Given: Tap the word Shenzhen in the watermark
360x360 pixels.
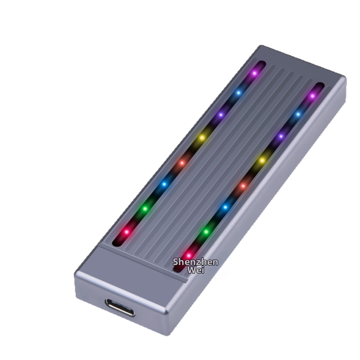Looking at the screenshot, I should (196, 262).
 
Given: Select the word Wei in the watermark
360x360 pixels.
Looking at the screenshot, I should (196, 270).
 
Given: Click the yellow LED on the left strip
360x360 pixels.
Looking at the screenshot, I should (202, 137).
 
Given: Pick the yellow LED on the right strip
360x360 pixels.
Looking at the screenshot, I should (262, 160).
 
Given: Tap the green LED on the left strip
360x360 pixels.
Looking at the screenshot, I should (145, 208).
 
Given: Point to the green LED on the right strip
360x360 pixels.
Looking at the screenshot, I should (206, 231).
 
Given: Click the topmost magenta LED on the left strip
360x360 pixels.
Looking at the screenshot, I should (254, 72).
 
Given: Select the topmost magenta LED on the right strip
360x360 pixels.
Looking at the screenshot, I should (312, 95).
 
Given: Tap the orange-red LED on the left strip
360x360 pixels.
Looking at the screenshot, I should (182, 162).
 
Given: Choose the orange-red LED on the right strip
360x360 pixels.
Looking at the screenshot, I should (243, 185).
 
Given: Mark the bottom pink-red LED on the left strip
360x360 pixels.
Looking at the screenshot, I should (126, 232).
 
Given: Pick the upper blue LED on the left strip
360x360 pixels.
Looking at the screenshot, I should (239, 93).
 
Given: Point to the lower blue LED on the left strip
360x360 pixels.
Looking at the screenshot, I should (164, 184).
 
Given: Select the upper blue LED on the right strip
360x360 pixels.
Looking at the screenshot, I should (297, 114).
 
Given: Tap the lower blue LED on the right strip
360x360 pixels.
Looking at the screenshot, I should (225, 207).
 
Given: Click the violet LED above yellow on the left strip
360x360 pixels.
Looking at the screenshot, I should (220, 115).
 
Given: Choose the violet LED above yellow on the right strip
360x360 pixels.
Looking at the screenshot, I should (281, 136).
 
